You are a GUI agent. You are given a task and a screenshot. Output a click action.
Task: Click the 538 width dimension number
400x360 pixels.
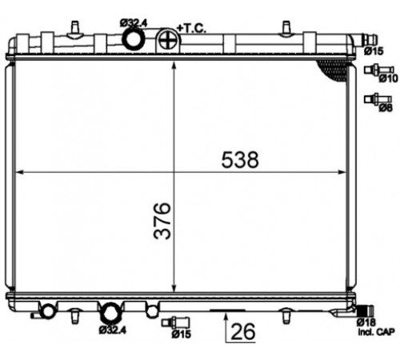[x=240, y=160]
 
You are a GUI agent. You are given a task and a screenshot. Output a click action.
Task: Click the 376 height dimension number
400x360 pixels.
[x=162, y=221]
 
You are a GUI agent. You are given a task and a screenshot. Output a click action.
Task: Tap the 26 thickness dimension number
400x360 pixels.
[x=243, y=331]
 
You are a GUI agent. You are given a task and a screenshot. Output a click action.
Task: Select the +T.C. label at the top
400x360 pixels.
[x=191, y=28]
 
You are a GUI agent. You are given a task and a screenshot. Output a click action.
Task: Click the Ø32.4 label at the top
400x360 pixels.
[x=134, y=23]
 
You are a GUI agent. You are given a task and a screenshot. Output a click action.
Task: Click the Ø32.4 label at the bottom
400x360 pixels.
[x=112, y=330]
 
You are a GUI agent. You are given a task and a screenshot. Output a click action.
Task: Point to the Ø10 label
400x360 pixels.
[x=388, y=78]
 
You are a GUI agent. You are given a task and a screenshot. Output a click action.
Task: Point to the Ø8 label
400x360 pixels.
[x=386, y=108]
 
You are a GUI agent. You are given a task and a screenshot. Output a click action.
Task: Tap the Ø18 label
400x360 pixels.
[x=366, y=322]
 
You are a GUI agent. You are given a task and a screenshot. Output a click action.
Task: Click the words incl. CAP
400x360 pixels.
[x=376, y=332]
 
